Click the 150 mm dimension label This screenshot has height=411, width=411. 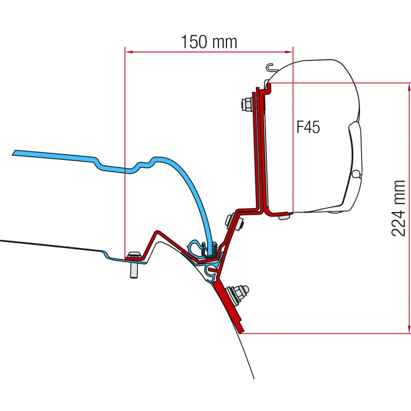209,41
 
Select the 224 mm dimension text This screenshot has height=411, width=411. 399,208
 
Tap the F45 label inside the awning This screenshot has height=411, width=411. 308,127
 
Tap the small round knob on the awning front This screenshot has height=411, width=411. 356,174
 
